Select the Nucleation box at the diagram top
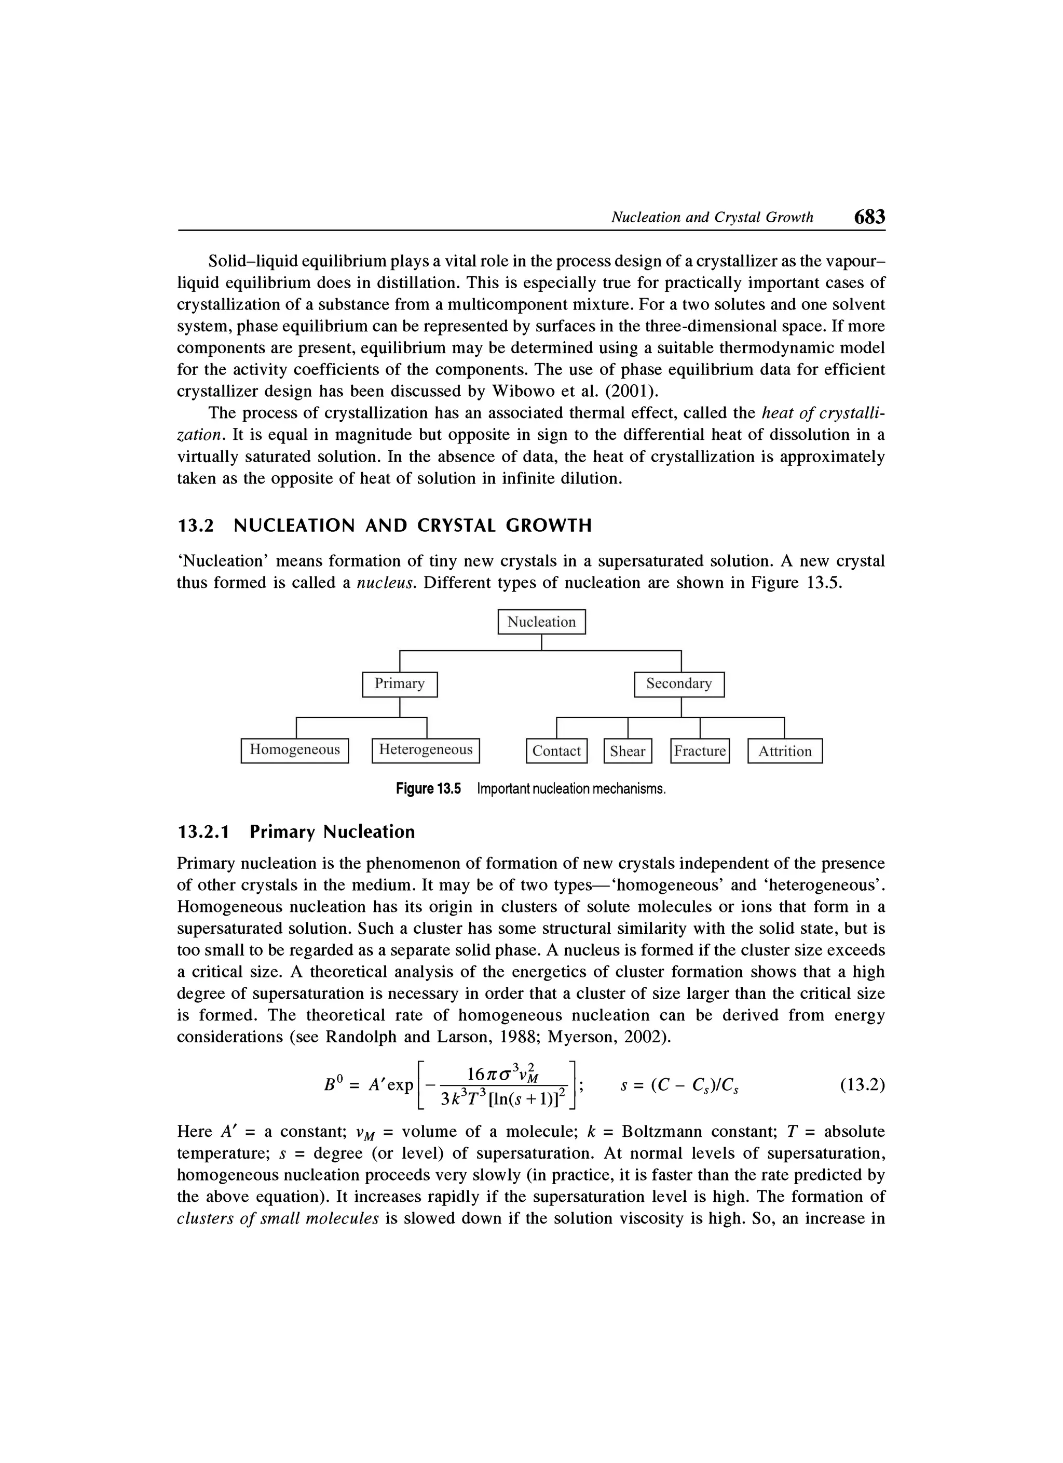point(541,622)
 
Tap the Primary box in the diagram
point(400,684)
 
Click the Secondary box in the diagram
point(679,684)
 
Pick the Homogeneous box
point(295,749)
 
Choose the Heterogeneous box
point(426,749)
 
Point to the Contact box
point(556,751)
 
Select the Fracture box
point(700,751)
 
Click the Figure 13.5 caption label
point(429,789)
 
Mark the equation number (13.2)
point(862,1085)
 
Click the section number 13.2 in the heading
point(195,526)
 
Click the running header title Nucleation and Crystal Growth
point(712,218)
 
